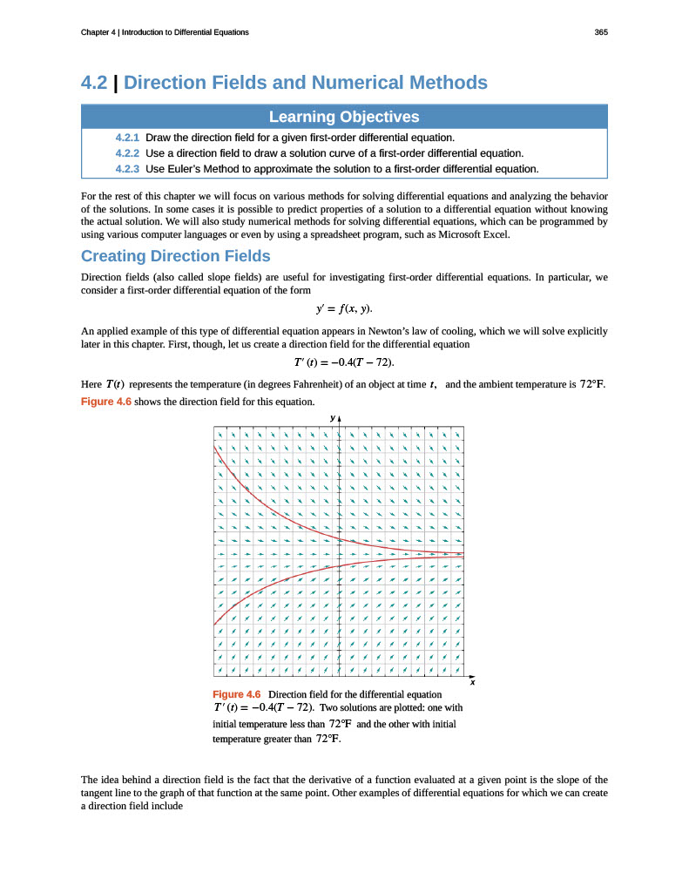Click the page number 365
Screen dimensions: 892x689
(x=600, y=32)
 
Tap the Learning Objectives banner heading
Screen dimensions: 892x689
(x=344, y=117)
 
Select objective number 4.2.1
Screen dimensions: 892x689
(x=127, y=138)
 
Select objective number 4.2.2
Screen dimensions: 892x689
(x=127, y=153)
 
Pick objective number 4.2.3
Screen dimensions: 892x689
(x=127, y=168)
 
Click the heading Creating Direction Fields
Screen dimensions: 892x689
(x=175, y=256)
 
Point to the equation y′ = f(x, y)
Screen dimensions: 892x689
(x=344, y=308)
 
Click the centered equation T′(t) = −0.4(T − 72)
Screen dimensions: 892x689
(x=344, y=362)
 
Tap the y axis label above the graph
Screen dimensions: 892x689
(x=332, y=419)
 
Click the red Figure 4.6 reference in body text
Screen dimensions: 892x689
(x=105, y=401)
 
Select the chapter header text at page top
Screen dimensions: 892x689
(x=165, y=32)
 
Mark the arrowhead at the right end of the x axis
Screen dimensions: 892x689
(x=473, y=675)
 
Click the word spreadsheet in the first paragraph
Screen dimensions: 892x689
(x=349, y=233)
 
